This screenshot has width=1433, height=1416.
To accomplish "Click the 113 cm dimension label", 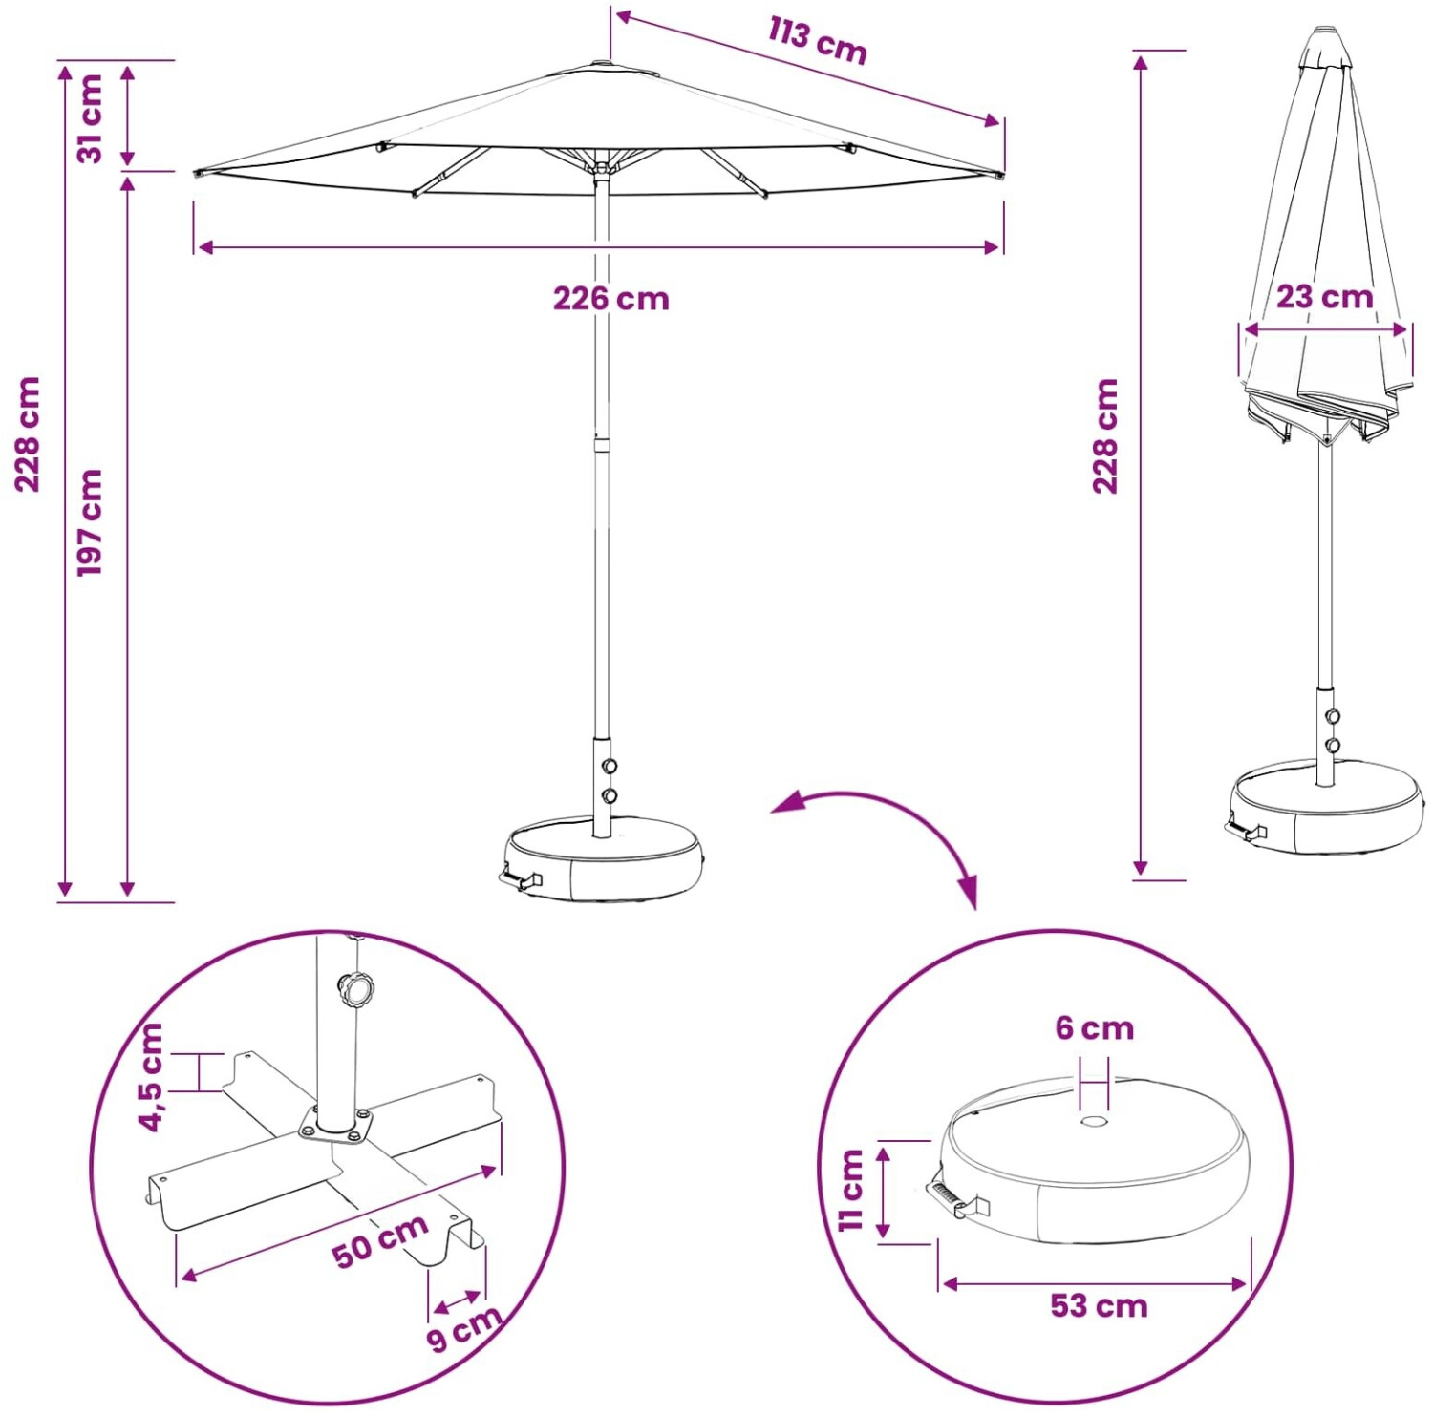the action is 818,40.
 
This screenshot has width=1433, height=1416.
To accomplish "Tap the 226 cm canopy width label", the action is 611,299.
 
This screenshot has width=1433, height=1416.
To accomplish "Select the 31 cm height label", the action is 90,118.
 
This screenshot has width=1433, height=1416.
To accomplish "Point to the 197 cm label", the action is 90,522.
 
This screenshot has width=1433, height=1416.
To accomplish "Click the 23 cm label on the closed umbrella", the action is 1325,297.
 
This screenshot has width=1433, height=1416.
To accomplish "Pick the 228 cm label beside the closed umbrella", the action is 1105,436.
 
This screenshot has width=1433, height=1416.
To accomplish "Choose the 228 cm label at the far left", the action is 28,434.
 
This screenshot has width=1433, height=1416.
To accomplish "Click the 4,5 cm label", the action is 151,1077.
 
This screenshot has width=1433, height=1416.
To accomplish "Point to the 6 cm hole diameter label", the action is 1095,1028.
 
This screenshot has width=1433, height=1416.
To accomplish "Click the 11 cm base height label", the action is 851,1190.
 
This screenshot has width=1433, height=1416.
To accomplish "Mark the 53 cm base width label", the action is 1100,1305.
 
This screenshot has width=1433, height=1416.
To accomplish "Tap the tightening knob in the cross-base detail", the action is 356,989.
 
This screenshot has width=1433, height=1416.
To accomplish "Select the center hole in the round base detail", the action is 1095,1121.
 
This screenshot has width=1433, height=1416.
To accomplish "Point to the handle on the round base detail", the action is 955,1198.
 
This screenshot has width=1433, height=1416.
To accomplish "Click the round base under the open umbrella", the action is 604,858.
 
